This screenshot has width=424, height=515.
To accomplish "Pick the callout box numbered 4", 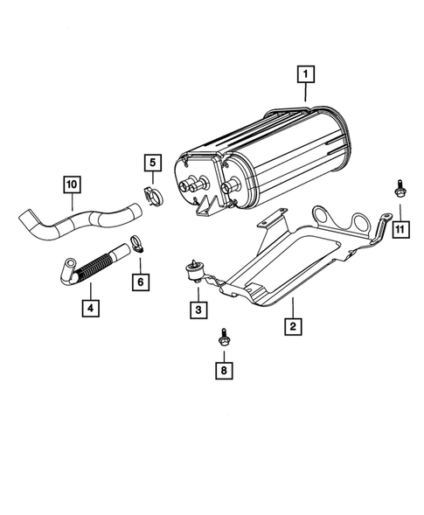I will point(89,307).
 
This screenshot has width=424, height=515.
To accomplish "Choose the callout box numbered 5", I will point(152,162).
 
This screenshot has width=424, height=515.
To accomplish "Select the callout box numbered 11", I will point(400,230).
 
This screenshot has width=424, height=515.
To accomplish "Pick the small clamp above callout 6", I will point(136,246).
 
